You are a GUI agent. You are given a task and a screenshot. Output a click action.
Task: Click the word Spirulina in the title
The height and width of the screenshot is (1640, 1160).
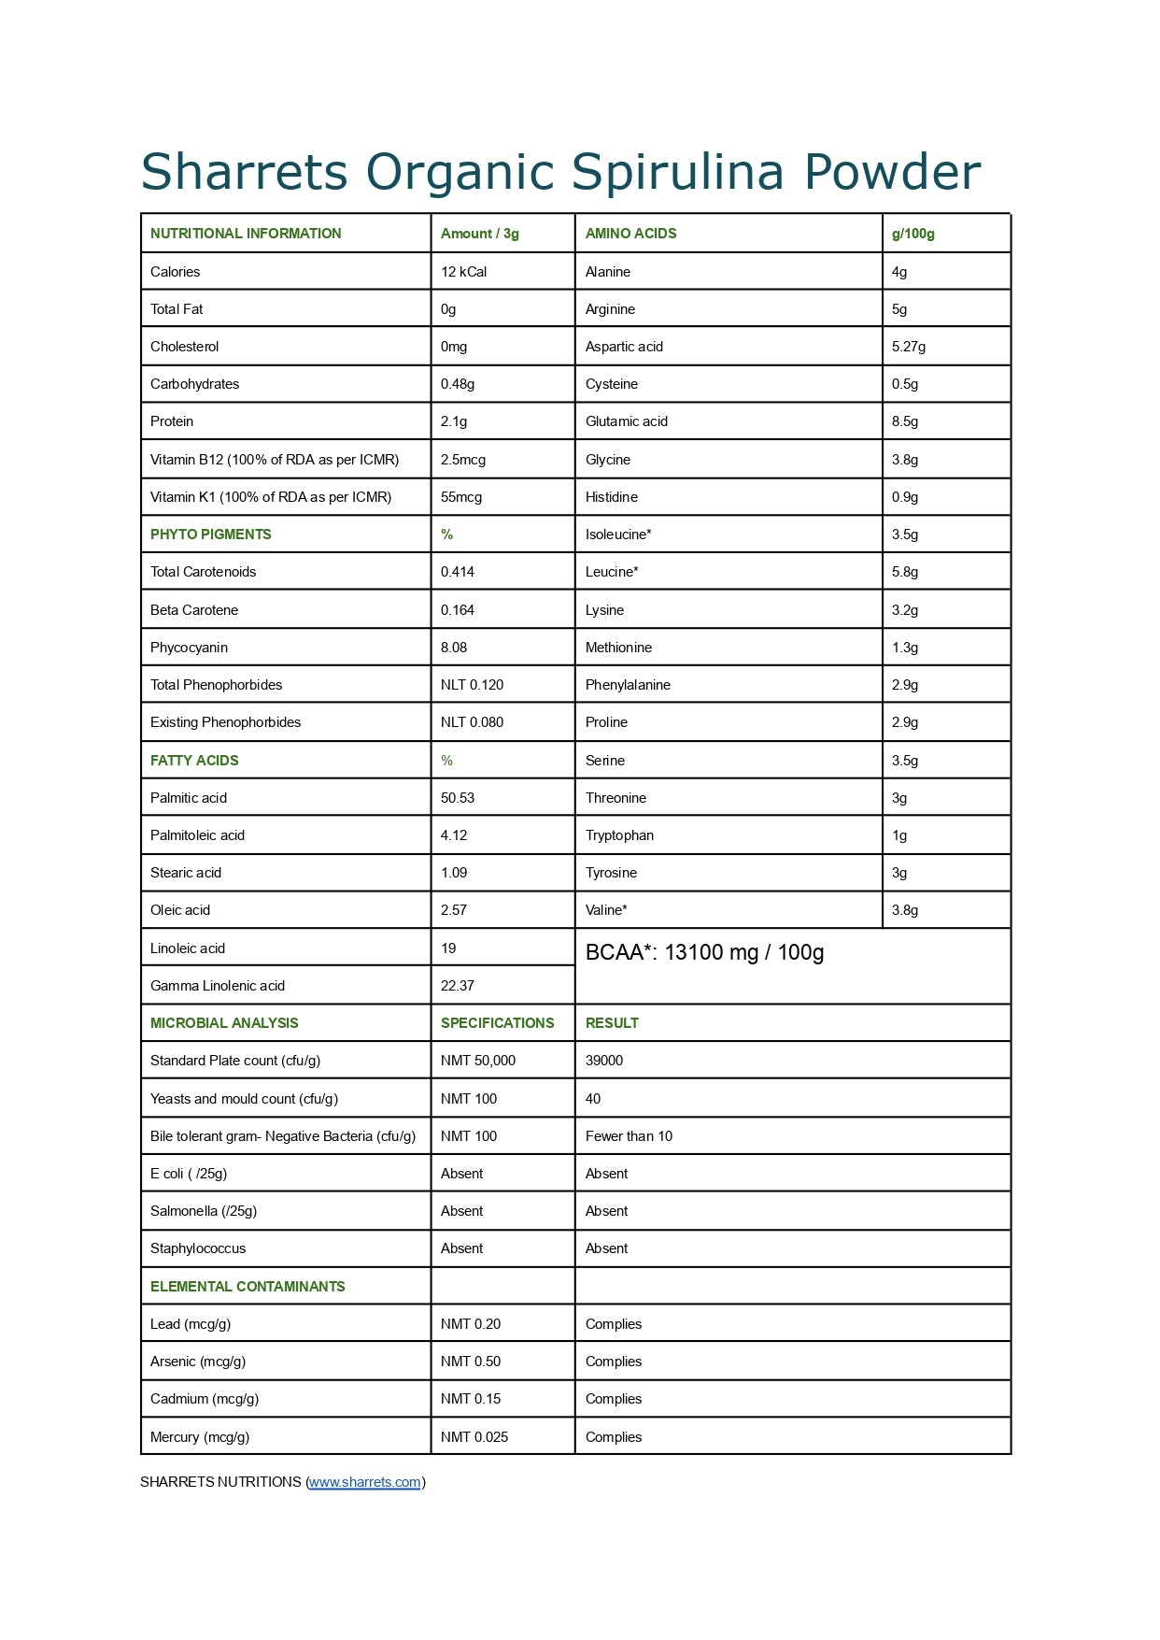[x=676, y=172]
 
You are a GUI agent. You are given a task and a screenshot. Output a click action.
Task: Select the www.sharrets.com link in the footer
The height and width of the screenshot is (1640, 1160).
[x=364, y=1482]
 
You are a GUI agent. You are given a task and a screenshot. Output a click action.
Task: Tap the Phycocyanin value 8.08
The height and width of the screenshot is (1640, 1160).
[x=454, y=648]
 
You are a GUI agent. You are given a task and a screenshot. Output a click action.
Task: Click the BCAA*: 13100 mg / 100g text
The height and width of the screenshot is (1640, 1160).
[x=704, y=952]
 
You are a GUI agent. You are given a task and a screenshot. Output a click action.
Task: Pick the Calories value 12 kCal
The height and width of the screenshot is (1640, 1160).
[x=463, y=272]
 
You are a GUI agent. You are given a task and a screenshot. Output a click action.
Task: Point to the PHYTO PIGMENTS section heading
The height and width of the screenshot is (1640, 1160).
[x=210, y=535]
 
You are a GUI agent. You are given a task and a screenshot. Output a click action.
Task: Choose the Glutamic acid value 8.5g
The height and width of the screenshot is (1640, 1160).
[x=904, y=421]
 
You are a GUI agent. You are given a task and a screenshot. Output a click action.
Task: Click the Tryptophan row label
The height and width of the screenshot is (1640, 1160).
[x=619, y=835]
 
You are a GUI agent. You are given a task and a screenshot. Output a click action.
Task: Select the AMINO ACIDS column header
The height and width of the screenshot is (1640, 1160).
[x=630, y=234]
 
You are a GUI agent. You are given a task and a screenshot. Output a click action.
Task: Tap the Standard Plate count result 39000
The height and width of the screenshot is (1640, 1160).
[x=603, y=1061]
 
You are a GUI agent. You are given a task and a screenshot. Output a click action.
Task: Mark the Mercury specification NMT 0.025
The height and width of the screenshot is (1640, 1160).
[x=474, y=1437]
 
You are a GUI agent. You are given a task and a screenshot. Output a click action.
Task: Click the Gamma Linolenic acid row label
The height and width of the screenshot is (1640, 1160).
[x=217, y=986]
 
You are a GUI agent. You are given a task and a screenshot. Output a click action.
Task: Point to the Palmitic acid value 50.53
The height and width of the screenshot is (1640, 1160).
[x=457, y=798]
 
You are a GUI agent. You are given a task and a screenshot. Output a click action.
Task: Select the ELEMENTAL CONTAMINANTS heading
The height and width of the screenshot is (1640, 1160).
[x=248, y=1287]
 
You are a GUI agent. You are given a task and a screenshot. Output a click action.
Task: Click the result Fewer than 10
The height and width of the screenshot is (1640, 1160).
[x=629, y=1136]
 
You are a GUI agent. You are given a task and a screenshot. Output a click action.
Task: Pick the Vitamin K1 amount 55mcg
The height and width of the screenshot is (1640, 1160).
[x=460, y=497]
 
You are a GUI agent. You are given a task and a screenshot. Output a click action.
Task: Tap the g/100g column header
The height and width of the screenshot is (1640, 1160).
[x=912, y=234]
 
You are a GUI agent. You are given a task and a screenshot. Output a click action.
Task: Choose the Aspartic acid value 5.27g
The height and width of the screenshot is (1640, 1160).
[x=908, y=347]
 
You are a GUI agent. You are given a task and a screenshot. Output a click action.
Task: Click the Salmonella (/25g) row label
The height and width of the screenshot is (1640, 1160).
[x=203, y=1211]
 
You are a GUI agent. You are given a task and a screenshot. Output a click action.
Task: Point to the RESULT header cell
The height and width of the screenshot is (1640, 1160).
[x=612, y=1023]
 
